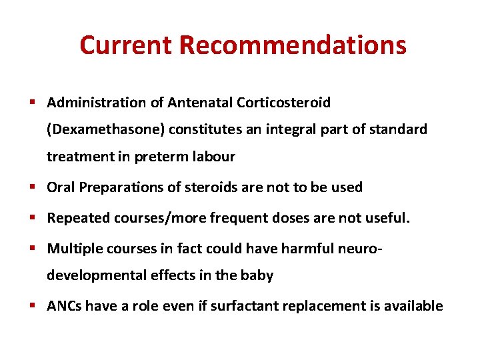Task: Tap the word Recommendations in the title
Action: [293, 45]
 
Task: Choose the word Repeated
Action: [75, 217]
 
